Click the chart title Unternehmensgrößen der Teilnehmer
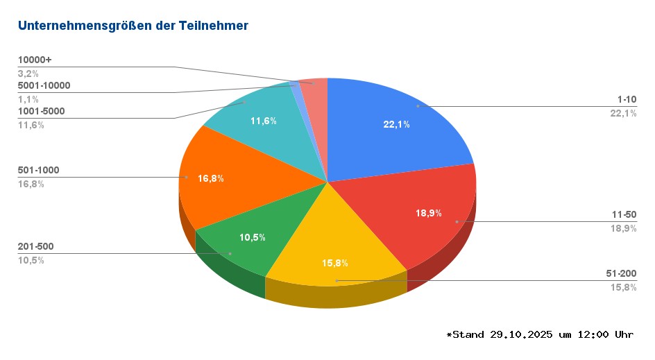(133, 26)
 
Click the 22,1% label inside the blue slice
(396, 124)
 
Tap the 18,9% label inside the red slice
(429, 213)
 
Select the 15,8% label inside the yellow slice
(334, 263)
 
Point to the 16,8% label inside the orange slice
(211, 178)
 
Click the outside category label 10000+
(35, 60)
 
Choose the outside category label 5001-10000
(44, 85)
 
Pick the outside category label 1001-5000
(41, 111)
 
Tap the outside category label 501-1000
(38, 170)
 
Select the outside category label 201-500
(35, 246)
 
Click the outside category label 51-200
(620, 274)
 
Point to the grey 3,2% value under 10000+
(28, 73)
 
